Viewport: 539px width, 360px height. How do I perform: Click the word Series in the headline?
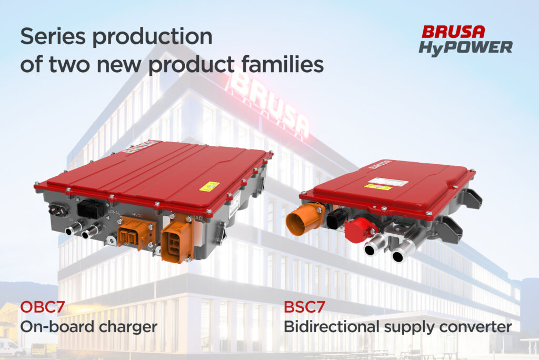52,36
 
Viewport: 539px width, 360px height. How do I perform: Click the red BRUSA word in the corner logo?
453,32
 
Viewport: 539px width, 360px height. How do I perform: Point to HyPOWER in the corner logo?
465,48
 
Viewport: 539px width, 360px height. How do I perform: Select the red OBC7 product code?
42,307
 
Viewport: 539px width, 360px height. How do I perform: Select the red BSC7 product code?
304,307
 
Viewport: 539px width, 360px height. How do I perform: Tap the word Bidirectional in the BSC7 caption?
332,326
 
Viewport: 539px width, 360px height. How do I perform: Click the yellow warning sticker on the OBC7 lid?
209,186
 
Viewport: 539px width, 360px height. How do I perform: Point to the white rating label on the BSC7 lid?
388,182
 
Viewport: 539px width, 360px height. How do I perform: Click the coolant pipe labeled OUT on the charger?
74,227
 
